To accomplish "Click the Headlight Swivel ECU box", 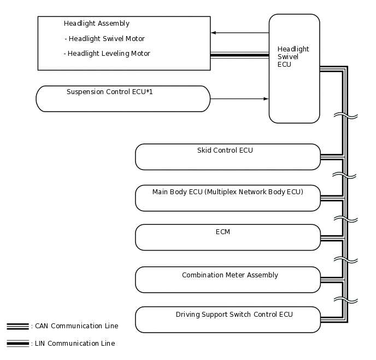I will click(294, 68).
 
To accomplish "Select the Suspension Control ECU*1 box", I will click(123, 99).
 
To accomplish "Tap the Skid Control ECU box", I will click(227, 157).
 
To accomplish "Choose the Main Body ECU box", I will click(227, 198).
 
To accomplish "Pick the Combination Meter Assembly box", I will click(227, 280).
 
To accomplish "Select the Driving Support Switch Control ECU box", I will click(227, 320).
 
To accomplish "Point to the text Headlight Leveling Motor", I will click(107, 54).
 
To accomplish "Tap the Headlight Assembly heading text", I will click(96, 24).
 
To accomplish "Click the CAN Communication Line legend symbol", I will click(17, 327).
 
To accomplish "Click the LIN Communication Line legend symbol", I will click(17, 344).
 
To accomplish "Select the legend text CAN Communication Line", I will click(76, 326).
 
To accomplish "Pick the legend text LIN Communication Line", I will click(75, 344).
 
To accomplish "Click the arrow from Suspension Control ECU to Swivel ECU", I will click(239, 99).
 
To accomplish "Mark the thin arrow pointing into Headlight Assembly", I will click(239, 33).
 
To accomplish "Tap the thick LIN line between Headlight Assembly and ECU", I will click(239, 55).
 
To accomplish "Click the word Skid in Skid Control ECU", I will click(204, 150).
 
